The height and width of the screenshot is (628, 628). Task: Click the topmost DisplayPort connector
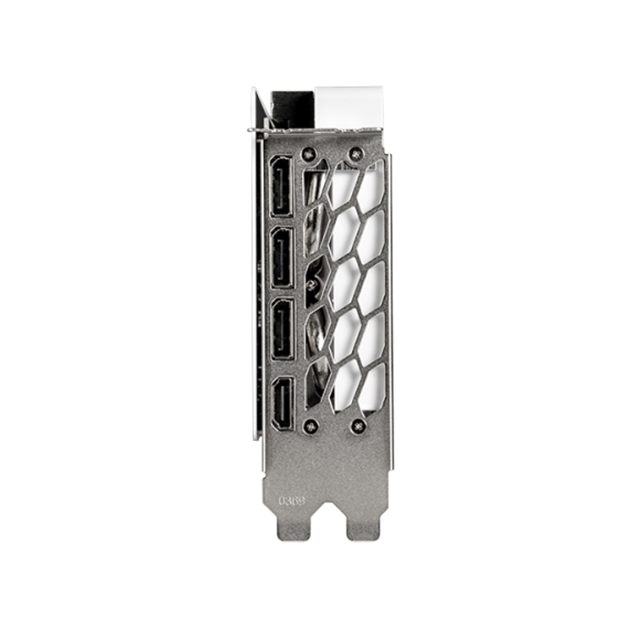(281, 186)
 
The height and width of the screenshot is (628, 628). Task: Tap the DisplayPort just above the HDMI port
(281, 328)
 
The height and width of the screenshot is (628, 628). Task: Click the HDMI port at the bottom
(283, 402)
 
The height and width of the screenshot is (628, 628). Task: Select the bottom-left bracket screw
(311, 424)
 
